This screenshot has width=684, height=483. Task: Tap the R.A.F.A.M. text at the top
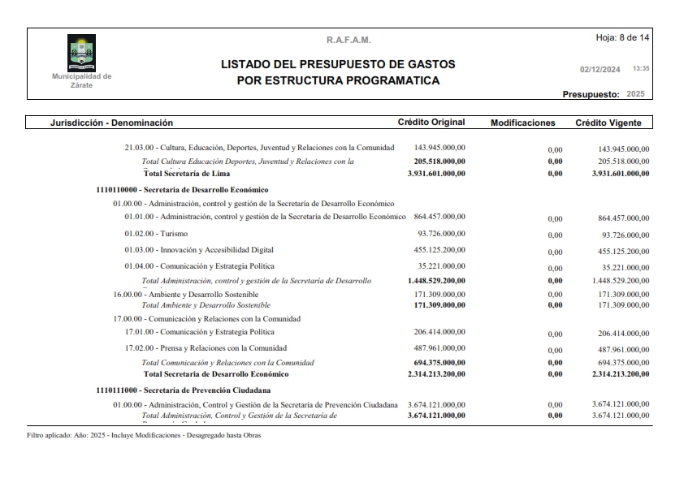click(348, 40)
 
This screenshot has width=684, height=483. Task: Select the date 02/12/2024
click(600, 69)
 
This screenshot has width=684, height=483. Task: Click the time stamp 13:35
click(641, 69)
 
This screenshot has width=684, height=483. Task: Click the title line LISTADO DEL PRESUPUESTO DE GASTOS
click(338, 64)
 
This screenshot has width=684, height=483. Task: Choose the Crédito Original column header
click(431, 123)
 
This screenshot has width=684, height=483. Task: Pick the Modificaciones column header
click(522, 123)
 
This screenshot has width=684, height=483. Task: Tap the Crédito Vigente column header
click(608, 123)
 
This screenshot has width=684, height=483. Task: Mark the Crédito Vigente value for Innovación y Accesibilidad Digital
click(623, 251)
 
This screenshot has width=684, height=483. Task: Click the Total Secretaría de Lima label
click(187, 173)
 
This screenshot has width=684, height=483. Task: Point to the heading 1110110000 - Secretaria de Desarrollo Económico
click(182, 188)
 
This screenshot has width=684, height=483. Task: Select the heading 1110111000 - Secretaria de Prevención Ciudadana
click(183, 390)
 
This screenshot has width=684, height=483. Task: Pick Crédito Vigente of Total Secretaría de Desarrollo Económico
click(621, 374)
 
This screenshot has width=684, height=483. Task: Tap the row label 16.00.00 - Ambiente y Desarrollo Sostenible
click(186, 294)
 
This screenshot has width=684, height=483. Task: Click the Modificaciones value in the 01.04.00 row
click(555, 267)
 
